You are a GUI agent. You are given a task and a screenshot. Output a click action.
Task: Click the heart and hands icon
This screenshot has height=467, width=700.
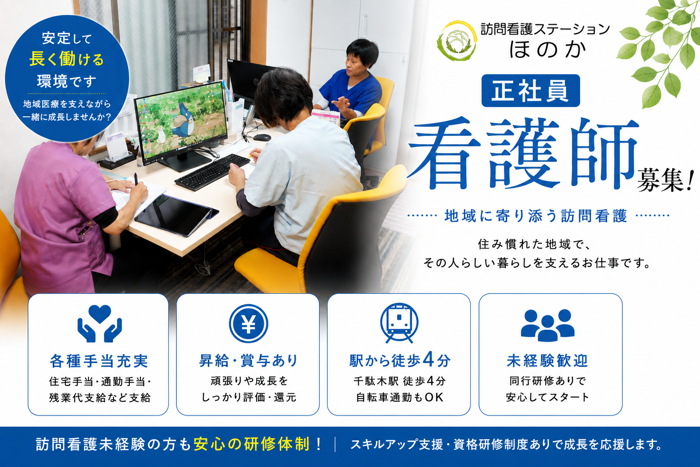(x=100, y=323)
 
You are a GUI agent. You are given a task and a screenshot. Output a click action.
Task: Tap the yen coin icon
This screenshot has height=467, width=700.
(x=248, y=323)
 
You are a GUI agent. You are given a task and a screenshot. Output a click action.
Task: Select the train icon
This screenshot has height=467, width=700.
(x=399, y=323)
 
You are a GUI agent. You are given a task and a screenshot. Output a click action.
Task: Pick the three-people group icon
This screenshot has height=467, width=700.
(x=547, y=325)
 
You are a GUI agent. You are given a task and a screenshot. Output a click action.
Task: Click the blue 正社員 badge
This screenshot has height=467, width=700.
(x=530, y=91)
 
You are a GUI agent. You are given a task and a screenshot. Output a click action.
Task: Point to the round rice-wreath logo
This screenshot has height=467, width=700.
(x=457, y=40)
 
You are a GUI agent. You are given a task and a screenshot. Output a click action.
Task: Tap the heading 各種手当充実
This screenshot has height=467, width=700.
(x=99, y=361)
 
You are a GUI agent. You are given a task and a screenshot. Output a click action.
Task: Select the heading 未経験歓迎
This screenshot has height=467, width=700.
(x=547, y=361)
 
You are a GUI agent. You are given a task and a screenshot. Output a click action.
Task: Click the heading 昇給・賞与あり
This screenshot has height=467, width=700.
(x=248, y=361)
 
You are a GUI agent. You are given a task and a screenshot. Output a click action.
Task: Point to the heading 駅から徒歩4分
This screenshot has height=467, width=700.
(x=400, y=360)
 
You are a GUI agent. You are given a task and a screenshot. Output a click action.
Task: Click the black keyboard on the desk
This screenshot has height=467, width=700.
(x=212, y=172)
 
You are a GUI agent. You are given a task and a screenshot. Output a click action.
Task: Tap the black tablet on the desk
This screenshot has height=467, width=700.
(x=176, y=215)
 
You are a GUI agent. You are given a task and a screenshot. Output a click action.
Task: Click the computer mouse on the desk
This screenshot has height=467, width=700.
(x=262, y=137)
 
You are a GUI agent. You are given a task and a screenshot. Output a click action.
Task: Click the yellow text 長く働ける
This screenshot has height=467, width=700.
(x=67, y=59)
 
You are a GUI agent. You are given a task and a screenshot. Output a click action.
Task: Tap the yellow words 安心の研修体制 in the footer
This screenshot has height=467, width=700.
(x=252, y=444)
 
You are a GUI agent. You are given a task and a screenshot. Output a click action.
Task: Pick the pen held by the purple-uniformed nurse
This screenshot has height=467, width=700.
(x=136, y=180)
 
